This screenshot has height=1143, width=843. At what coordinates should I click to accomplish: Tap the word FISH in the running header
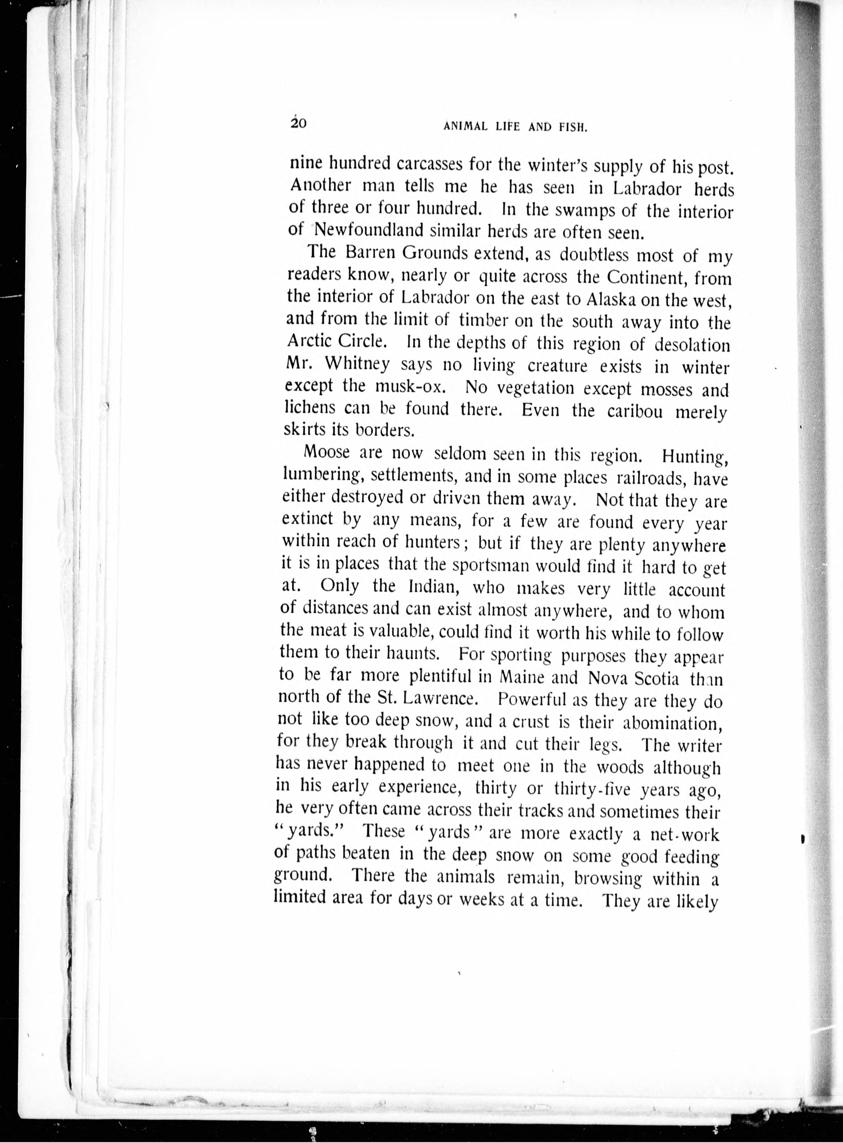[x=574, y=127]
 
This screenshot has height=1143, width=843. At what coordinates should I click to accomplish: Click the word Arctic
[x=307, y=340]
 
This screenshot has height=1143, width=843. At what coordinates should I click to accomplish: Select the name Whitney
[x=357, y=364]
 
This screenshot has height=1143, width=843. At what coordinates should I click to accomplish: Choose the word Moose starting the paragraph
[x=326, y=452]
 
